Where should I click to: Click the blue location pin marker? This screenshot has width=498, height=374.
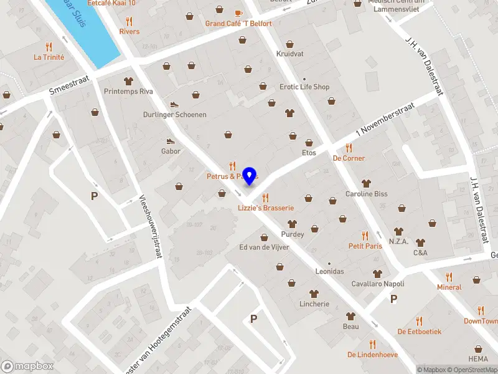pos(250,176)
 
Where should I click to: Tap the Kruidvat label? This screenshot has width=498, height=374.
pos(289,54)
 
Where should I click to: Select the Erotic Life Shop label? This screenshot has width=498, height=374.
pos(304,87)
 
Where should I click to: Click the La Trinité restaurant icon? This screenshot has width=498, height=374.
pos(49,46)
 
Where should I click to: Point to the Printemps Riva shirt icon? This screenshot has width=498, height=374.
pos(129,80)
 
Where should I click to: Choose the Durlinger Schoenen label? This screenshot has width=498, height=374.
pos(175,115)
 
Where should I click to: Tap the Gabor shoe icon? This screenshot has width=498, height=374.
pos(171,141)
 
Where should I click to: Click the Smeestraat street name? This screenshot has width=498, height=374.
pos(70,87)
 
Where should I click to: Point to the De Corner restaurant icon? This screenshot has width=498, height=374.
pos(349,148)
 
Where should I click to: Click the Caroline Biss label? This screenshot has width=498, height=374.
pos(367,194)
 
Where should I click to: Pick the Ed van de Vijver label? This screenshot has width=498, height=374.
pos(265,247)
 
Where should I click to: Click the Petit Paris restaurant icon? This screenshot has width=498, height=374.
pos(365,235)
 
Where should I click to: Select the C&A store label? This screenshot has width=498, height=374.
pos(421,253)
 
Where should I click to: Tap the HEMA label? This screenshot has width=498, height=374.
pos(479,359)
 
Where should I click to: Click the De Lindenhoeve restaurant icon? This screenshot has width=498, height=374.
pos(372,343)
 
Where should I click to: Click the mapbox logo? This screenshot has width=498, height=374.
pos(27,366)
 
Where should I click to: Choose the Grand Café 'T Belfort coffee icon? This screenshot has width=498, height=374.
pos(238,13)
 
